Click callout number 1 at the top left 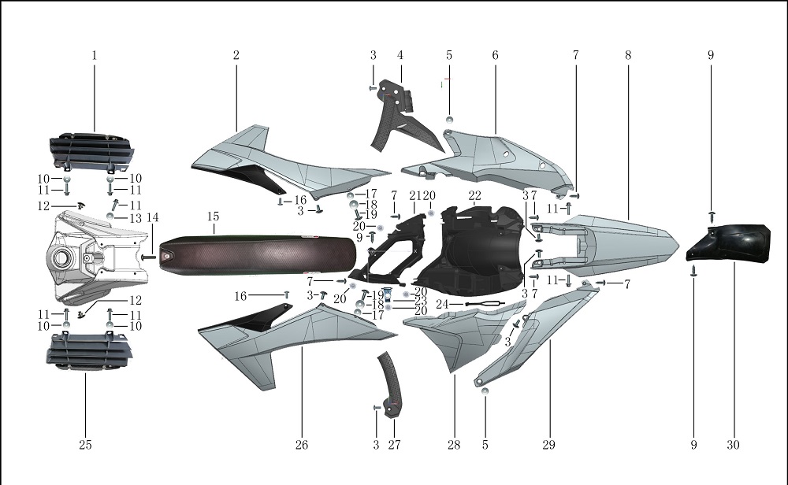pyautogui.click(x=95, y=55)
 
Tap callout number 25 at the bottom pyautogui.click(x=85, y=445)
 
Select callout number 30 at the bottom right pyautogui.click(x=733, y=445)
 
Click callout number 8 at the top pyautogui.click(x=628, y=55)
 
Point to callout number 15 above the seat pyautogui.click(x=213, y=217)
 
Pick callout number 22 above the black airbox pyautogui.click(x=474, y=195)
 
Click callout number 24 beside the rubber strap pyautogui.click(x=442, y=304)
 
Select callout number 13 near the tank pyautogui.click(x=136, y=218)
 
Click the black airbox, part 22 pyautogui.click(x=473, y=252)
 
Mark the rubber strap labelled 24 pyautogui.click(x=482, y=304)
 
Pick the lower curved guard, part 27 pyautogui.click(x=392, y=386)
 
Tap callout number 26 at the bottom pyautogui.click(x=302, y=445)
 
